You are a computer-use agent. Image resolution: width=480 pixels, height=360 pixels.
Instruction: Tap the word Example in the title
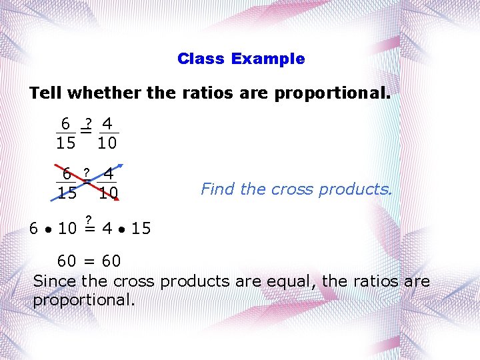[267, 59]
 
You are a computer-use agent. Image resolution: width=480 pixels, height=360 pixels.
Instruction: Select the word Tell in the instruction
[44, 93]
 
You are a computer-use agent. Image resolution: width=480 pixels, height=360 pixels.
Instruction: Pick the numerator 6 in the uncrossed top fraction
[65, 124]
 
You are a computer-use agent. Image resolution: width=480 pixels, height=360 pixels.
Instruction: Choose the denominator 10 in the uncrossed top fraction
[107, 143]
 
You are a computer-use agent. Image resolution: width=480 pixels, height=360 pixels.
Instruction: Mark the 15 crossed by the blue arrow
[67, 194]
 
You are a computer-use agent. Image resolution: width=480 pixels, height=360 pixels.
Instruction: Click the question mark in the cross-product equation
[87, 218]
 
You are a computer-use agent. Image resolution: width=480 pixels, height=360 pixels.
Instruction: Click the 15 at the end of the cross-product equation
[141, 229]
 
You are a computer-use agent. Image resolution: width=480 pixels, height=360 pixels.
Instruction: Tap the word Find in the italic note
[218, 189]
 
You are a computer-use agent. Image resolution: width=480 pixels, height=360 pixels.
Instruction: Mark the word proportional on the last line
[83, 300]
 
